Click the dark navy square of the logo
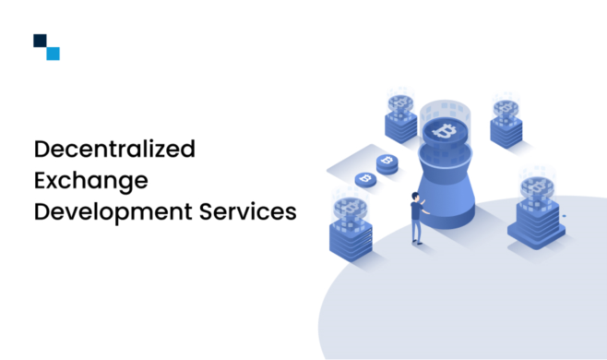(40, 41)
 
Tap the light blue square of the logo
(53, 54)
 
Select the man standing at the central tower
(416, 218)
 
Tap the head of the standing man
(414, 197)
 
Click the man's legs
(417, 233)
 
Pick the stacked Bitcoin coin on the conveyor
(387, 163)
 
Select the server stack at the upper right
(507, 129)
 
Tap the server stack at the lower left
(350, 235)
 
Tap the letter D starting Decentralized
(41, 148)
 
